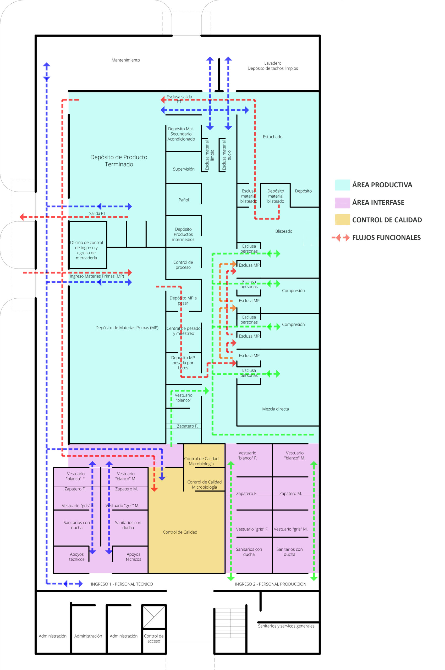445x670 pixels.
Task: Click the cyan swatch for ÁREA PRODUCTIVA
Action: tap(342, 185)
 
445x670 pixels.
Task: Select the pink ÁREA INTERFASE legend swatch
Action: tap(342, 203)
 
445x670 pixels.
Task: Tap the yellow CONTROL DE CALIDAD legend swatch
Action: tap(342, 220)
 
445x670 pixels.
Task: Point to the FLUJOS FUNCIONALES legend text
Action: tap(386, 238)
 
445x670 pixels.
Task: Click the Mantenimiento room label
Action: tap(126, 60)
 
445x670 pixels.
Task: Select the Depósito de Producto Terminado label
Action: tap(119, 161)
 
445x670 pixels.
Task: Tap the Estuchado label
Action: tap(272, 137)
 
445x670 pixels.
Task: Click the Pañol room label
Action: tap(184, 200)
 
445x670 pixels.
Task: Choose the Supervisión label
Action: tap(184, 169)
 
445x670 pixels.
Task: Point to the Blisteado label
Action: tap(283, 231)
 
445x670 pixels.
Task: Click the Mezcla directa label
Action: tap(275, 409)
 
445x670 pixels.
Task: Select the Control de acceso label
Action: tap(153, 639)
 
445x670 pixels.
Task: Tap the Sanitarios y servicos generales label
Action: tap(286, 626)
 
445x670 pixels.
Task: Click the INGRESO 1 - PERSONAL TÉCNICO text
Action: tap(122, 584)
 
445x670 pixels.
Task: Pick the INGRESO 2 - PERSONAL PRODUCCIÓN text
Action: tap(270, 584)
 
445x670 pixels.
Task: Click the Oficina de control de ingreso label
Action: tap(86, 250)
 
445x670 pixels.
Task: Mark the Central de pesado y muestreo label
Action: tap(184, 331)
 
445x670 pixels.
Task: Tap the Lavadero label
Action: tap(273, 63)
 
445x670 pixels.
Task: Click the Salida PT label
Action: tap(97, 214)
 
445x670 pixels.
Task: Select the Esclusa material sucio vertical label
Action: tap(227, 155)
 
